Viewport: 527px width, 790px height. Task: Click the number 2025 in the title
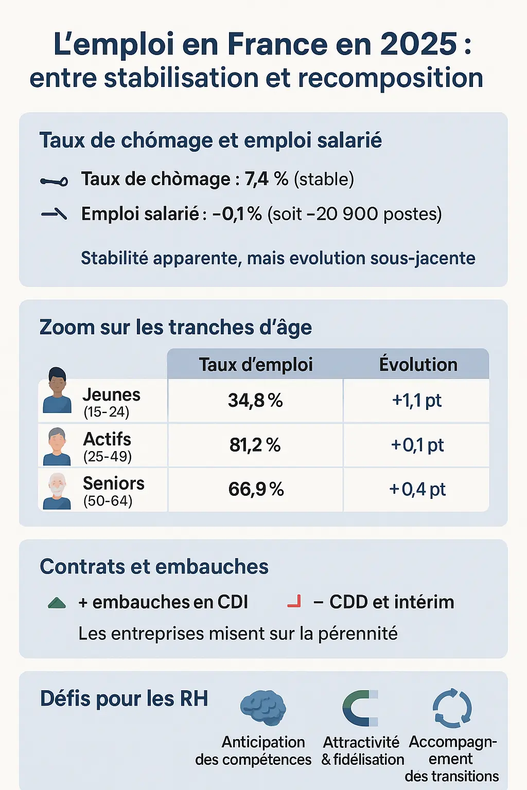click(418, 44)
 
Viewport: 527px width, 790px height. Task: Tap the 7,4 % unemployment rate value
click(266, 179)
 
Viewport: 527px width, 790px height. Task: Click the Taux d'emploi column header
click(256, 365)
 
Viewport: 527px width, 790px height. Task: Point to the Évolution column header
click(418, 365)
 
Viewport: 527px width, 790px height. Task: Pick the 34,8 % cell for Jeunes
click(255, 400)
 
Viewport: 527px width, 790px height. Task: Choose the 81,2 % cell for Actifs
click(255, 445)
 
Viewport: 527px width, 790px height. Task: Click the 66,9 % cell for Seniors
click(256, 489)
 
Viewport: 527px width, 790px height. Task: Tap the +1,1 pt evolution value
click(417, 400)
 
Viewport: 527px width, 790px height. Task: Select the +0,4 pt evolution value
click(417, 489)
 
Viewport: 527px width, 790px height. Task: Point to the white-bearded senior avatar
click(57, 491)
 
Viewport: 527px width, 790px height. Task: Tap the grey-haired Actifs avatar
click(57, 446)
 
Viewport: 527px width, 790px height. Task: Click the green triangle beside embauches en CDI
click(57, 603)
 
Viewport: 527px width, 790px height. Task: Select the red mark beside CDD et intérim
click(294, 601)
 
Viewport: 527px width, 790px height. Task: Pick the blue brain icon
click(263, 708)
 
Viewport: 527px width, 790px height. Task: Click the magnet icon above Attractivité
click(360, 708)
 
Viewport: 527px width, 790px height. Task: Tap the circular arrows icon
click(452, 708)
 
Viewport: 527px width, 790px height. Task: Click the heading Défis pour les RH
click(124, 699)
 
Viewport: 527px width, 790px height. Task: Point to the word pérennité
click(358, 634)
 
